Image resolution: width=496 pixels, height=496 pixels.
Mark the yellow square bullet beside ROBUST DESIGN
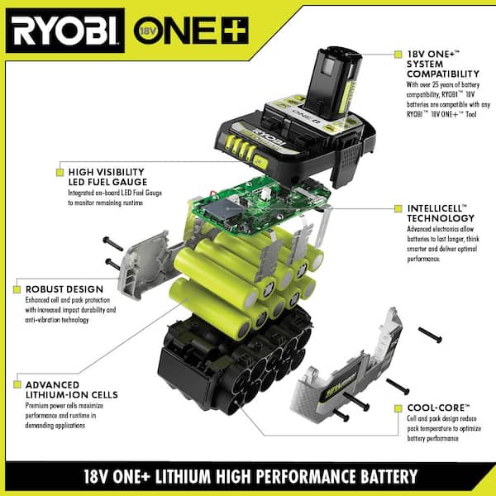click(x=17, y=289)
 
